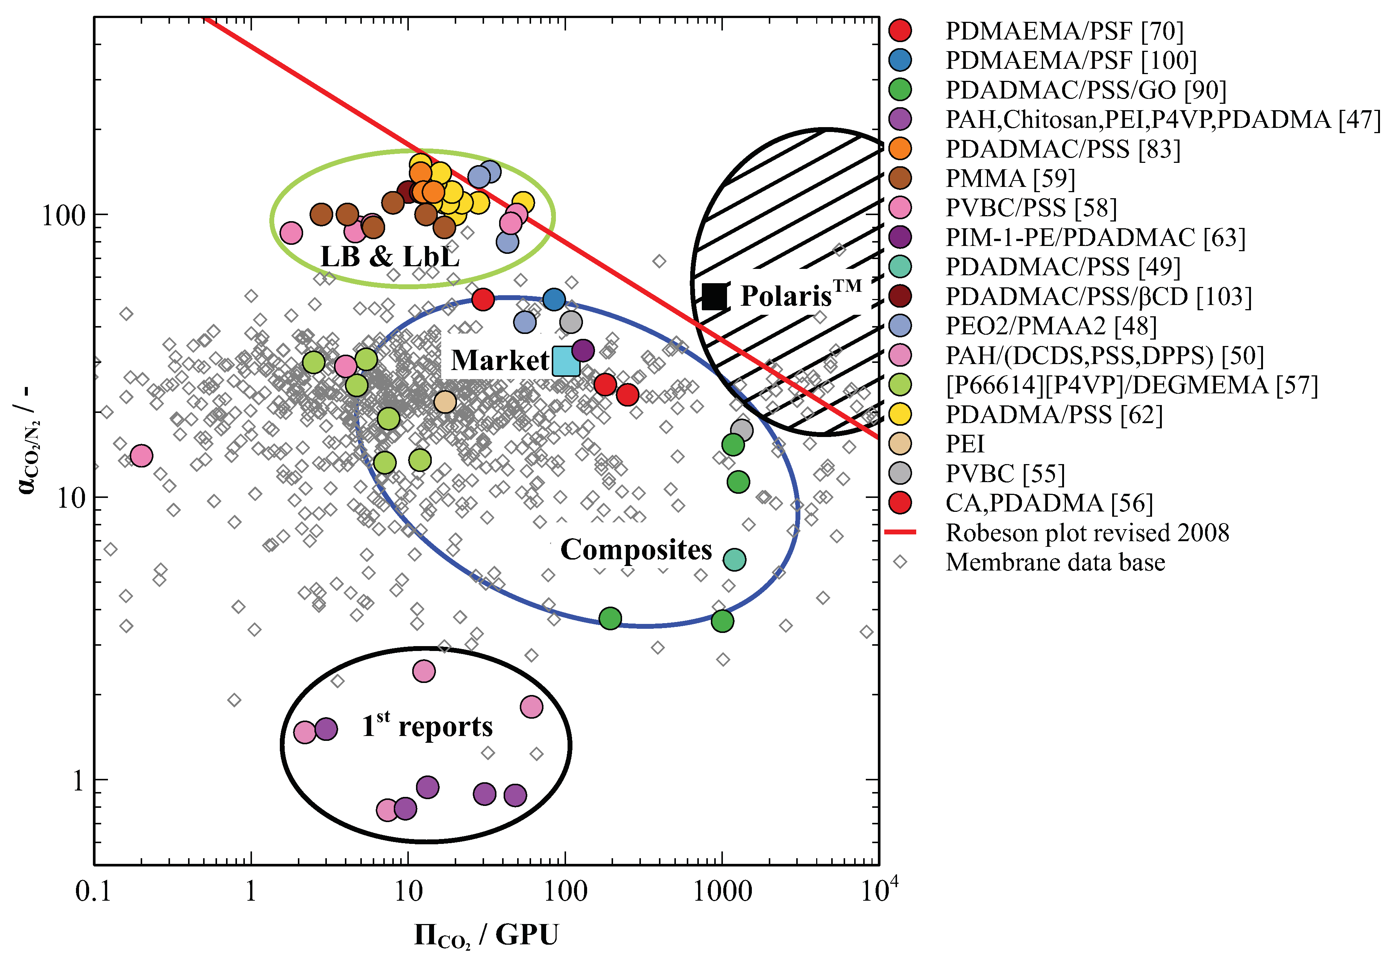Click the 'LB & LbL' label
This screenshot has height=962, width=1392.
[389, 257]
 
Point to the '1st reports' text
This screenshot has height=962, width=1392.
[427, 726]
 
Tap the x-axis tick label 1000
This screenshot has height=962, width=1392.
[722, 891]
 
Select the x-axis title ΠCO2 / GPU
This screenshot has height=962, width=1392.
[486, 935]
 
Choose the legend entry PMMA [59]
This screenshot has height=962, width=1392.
[1010, 178]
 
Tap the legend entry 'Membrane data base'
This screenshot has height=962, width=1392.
[1055, 562]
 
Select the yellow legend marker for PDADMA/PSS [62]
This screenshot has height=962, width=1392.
[900, 414]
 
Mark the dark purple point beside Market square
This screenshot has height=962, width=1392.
[582, 350]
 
